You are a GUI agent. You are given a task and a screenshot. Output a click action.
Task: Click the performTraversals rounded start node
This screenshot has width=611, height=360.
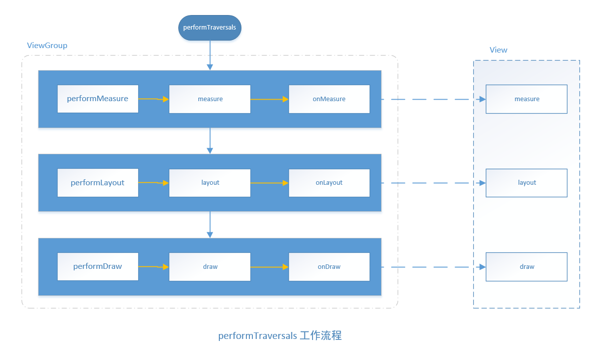210,28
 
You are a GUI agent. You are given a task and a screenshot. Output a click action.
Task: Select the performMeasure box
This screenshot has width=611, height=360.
98,99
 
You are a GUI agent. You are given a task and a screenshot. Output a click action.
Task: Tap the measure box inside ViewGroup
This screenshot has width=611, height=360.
210,99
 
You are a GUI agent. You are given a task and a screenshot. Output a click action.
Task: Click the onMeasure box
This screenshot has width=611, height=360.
329,99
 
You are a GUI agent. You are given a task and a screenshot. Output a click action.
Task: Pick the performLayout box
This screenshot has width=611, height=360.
98,183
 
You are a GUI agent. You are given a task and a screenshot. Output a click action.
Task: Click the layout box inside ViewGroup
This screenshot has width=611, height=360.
210,183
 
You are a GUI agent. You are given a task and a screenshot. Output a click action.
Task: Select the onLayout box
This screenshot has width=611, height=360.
329,183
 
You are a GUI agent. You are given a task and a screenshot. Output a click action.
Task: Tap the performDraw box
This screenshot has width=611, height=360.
98,266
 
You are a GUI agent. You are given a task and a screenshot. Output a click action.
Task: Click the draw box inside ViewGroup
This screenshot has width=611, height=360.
210,267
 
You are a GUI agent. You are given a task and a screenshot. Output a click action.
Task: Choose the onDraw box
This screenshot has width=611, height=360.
329,267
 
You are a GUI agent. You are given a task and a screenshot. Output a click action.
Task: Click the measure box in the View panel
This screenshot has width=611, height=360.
526,99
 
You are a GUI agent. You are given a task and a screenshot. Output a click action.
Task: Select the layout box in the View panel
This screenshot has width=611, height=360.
526,183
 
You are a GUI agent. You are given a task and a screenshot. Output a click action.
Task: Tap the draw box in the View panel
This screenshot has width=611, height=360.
526,267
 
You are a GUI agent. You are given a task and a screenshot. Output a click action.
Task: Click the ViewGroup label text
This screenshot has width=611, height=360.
47,46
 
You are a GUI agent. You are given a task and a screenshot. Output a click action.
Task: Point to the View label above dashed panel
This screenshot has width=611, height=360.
498,50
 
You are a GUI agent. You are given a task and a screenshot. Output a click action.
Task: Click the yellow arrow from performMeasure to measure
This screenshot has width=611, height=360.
153,99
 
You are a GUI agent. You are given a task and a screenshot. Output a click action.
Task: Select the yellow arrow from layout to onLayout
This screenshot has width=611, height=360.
269,183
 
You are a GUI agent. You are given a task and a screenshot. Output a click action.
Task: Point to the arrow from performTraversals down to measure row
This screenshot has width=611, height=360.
210,55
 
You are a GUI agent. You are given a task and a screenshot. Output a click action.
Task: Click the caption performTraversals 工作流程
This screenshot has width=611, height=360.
279,336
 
